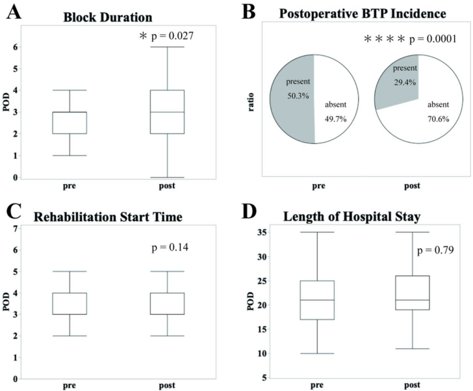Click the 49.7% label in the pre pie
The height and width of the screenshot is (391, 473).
[336, 118]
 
